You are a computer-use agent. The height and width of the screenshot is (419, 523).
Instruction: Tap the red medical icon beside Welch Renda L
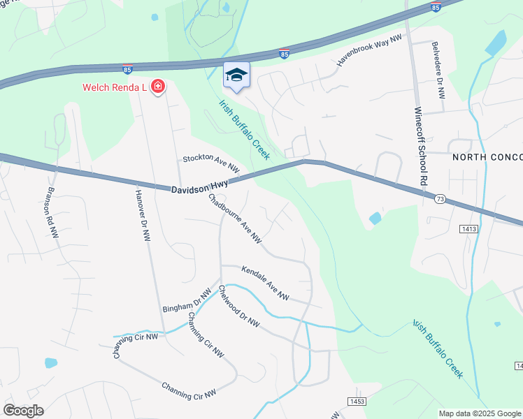[159, 87]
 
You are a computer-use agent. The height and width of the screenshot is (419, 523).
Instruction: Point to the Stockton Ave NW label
[211, 164]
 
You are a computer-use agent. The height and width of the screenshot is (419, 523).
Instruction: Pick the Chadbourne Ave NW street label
[236, 218]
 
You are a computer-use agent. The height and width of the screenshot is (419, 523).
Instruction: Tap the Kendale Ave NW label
[266, 283]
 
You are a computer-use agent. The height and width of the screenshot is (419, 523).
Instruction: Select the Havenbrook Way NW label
[370, 50]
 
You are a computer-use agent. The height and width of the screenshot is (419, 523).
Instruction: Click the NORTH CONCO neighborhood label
[487, 157]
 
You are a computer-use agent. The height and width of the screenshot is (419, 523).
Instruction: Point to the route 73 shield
[440, 199]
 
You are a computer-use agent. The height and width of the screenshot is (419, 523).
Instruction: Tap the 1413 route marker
[468, 228]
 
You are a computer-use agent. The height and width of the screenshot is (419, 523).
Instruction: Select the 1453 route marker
[357, 400]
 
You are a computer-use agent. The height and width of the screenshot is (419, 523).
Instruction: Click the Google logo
[23, 411]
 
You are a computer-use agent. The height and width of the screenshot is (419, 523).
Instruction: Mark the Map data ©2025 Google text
[480, 413]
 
